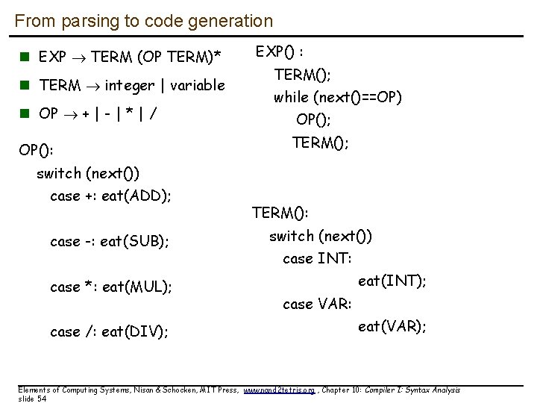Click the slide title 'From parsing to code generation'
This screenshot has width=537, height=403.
tap(144, 22)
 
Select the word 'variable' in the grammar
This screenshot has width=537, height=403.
tap(198, 85)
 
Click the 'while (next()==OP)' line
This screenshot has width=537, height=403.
tap(338, 97)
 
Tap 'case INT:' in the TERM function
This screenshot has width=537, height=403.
tap(317, 259)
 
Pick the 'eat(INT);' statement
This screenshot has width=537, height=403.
tap(392, 281)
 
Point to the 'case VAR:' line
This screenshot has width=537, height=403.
tap(318, 304)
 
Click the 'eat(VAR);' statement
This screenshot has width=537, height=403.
tap(392, 326)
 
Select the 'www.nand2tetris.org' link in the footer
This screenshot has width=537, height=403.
tap(280, 390)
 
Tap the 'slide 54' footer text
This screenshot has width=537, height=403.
tap(31, 399)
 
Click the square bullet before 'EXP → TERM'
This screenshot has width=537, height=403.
tap(25, 57)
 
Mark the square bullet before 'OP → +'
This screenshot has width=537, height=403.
tap(25, 114)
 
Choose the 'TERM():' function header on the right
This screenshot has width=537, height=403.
tap(280, 213)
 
